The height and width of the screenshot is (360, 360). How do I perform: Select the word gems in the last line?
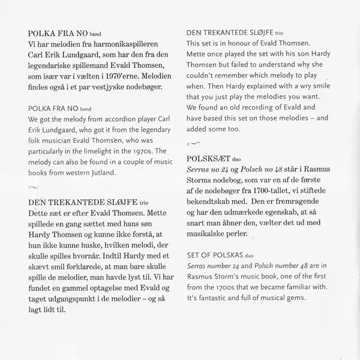pyautogui.click(x=297, y=299)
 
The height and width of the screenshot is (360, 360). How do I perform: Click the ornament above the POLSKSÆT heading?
pyautogui.click(x=194, y=143)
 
